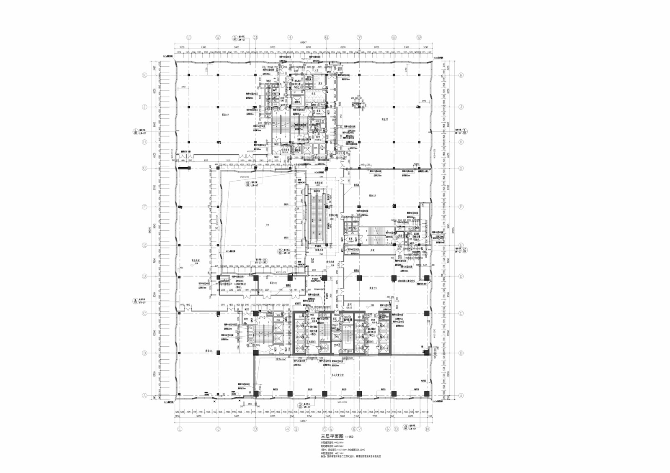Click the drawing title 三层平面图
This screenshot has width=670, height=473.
tap(332, 437)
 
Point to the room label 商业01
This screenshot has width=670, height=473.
tap(385, 120)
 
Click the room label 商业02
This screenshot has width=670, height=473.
tap(372, 195)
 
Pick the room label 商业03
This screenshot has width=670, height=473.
tap(373, 288)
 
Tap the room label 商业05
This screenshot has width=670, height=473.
tap(273, 283)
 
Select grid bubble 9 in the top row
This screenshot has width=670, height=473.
tap(419, 37)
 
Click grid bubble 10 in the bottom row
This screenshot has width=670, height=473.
tap(427, 429)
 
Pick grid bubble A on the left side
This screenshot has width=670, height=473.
tap(144, 396)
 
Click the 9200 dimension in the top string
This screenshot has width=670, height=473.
tap(309, 48)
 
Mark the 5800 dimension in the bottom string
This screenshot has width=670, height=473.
tap(342, 416)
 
